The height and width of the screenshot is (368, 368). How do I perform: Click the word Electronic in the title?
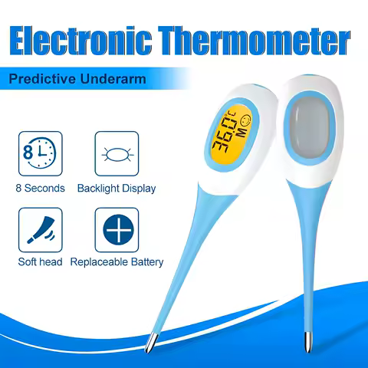(x=80, y=41)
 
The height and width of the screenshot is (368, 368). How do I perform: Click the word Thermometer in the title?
(x=254, y=41)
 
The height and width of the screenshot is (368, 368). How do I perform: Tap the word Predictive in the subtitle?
(x=42, y=79)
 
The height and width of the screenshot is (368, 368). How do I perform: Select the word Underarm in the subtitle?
(x=113, y=79)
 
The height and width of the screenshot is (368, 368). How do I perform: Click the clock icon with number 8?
(x=40, y=153)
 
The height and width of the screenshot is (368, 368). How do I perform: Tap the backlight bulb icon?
(x=117, y=155)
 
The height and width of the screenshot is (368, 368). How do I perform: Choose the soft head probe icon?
(x=41, y=230)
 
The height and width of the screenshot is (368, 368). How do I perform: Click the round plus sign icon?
(x=118, y=229)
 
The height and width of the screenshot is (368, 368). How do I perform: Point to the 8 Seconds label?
(x=40, y=189)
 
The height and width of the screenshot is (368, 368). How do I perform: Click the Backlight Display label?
(x=117, y=189)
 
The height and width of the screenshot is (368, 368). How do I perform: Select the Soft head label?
(x=40, y=262)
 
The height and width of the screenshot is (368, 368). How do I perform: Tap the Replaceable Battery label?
(x=117, y=262)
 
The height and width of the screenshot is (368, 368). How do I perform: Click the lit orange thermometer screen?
(x=231, y=135)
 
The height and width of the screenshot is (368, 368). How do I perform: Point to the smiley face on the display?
(x=245, y=120)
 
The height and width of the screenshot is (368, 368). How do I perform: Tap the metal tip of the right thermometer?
(x=308, y=342)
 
